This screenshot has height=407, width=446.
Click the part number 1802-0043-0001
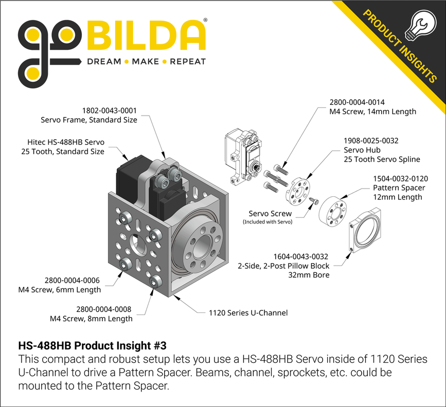pos(110,110)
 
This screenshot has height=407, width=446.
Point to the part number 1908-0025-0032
pos(371,140)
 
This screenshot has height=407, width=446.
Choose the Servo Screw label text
pos(270,213)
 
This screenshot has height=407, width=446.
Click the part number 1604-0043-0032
pos(300,256)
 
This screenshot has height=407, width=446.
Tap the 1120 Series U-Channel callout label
pos(248,312)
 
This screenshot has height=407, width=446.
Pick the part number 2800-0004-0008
pos(103,309)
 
